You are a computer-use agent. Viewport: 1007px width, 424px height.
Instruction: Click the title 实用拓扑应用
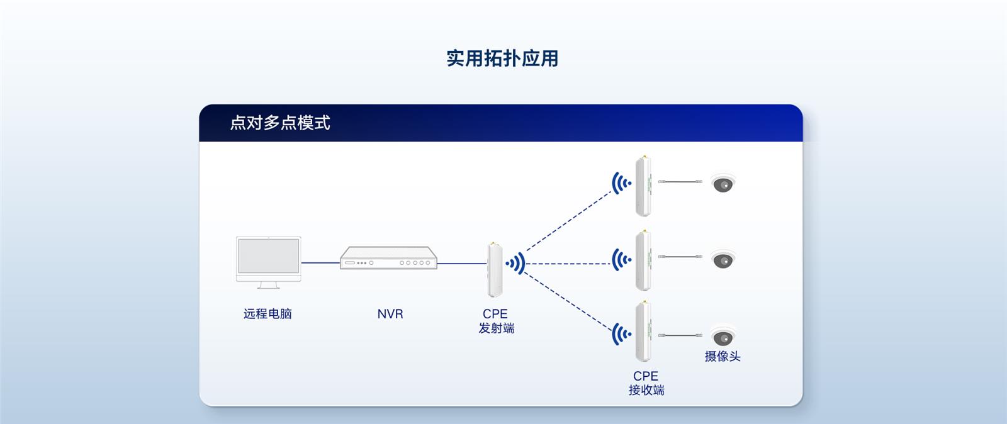(502, 59)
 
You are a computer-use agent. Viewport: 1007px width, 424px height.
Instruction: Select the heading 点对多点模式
(280, 123)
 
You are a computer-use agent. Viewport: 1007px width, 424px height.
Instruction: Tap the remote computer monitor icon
(268, 262)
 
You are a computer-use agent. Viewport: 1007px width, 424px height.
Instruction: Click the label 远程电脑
(267, 313)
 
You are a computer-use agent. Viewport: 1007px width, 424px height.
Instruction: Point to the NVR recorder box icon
(388, 258)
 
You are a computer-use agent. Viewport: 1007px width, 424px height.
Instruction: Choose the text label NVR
(390, 314)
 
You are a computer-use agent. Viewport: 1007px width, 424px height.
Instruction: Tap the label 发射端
(497, 328)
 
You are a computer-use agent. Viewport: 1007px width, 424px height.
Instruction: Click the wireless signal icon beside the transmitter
(515, 263)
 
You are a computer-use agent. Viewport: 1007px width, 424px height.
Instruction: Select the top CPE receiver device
(643, 186)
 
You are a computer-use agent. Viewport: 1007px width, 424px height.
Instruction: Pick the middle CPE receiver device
(643, 260)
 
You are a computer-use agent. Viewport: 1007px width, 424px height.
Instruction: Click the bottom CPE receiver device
(643, 332)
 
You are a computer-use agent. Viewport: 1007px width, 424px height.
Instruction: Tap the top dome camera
(723, 183)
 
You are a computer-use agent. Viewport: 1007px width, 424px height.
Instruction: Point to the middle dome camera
(723, 260)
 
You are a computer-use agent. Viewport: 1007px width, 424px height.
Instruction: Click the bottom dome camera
(723, 336)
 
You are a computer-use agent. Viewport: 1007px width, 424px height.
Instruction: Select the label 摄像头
(723, 356)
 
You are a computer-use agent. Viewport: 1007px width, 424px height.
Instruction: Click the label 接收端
(646, 390)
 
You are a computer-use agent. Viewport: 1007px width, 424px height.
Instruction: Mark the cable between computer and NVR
(320, 263)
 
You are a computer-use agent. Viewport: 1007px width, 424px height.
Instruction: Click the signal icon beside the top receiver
(622, 183)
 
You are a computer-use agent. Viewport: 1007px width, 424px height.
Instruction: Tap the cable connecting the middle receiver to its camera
(680, 257)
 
